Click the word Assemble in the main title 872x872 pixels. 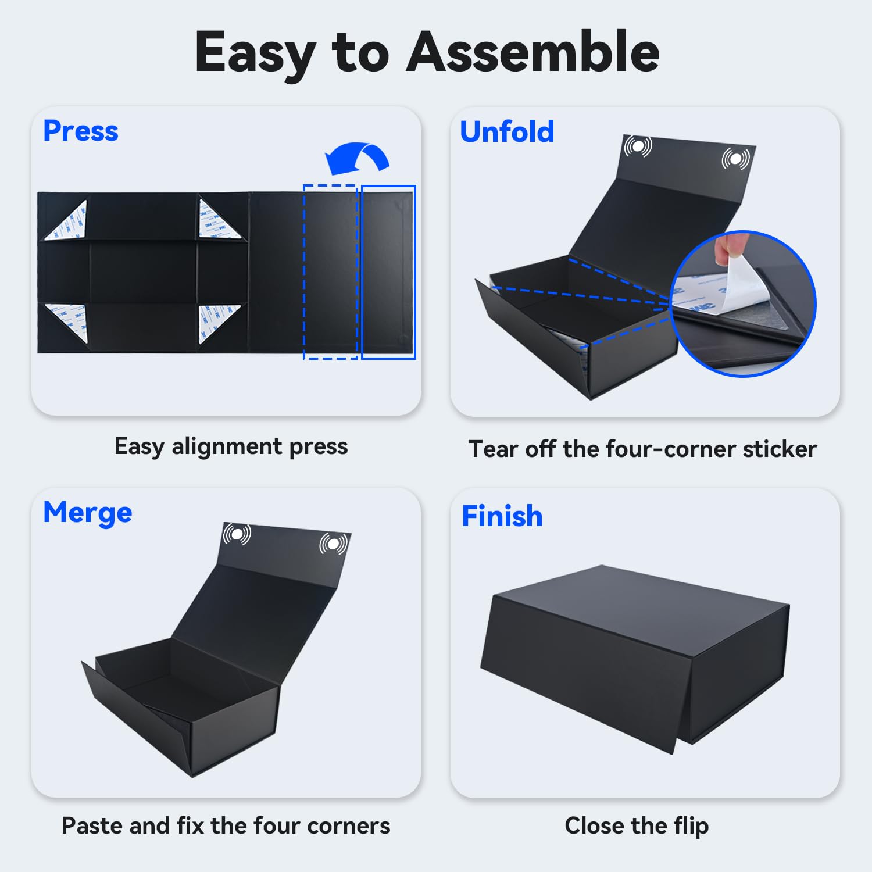coord(534,52)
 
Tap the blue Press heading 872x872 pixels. coord(81,131)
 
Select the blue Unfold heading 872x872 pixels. coord(507,131)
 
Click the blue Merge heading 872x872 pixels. coord(88,513)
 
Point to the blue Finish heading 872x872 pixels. coord(502,516)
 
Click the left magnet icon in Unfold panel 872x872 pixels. coord(638,146)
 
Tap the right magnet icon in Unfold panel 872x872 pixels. coord(736,158)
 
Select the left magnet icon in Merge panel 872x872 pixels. coord(237,533)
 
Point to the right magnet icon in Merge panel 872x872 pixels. coord(333,544)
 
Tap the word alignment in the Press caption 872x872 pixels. coord(227,447)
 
